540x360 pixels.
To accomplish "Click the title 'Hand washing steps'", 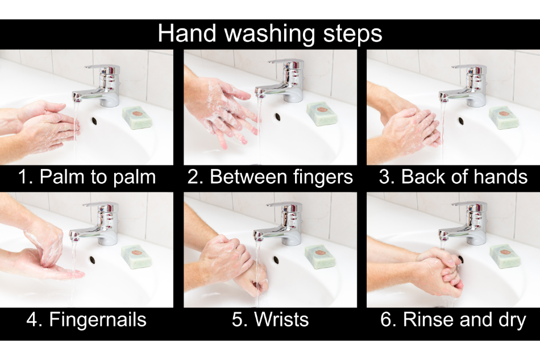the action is point(270,34).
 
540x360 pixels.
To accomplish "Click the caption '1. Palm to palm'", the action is point(87,177).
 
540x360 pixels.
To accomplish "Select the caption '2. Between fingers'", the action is point(271,177).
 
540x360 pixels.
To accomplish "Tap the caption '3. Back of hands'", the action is point(453,176).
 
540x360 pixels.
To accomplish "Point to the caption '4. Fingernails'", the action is point(86,320).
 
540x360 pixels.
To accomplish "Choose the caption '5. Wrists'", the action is point(271,320).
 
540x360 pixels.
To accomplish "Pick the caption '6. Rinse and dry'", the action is point(453,320).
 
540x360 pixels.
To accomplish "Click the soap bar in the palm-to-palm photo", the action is point(138,117).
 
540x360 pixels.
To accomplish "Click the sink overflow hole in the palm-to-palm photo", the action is point(94,121).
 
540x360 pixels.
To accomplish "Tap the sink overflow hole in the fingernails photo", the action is point(92,260).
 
